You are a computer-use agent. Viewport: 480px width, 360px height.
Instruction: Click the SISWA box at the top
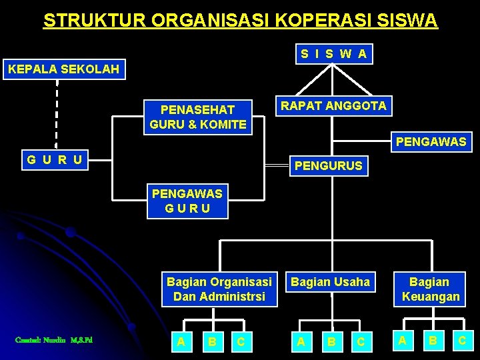point(333,54)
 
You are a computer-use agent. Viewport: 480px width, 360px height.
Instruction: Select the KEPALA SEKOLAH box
point(63,69)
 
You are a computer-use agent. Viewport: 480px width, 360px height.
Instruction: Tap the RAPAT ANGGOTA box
point(333,106)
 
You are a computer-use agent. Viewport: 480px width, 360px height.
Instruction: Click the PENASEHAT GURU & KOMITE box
point(198,117)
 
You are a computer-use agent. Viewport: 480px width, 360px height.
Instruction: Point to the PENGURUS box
point(328,165)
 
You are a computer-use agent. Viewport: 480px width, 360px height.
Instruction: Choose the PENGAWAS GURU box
point(187,201)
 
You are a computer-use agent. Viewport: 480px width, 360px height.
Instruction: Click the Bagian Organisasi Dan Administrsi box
point(219,289)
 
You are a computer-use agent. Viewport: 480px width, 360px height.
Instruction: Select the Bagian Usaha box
point(330,282)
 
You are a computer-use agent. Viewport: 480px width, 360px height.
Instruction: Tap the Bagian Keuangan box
point(431,289)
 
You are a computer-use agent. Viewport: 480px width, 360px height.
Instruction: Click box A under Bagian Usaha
point(301,342)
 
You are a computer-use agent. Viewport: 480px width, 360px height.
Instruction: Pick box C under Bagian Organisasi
point(241,342)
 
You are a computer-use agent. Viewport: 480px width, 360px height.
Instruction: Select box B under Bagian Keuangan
point(432,341)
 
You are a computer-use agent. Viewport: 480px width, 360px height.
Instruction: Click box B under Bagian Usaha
point(331,342)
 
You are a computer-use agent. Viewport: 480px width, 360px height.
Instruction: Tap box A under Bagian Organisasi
point(180,342)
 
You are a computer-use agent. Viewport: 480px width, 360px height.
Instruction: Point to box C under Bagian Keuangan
point(461,341)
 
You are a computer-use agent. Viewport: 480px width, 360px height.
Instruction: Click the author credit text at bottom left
point(53,341)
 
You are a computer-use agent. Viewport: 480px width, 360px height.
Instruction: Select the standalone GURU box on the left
point(55,159)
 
